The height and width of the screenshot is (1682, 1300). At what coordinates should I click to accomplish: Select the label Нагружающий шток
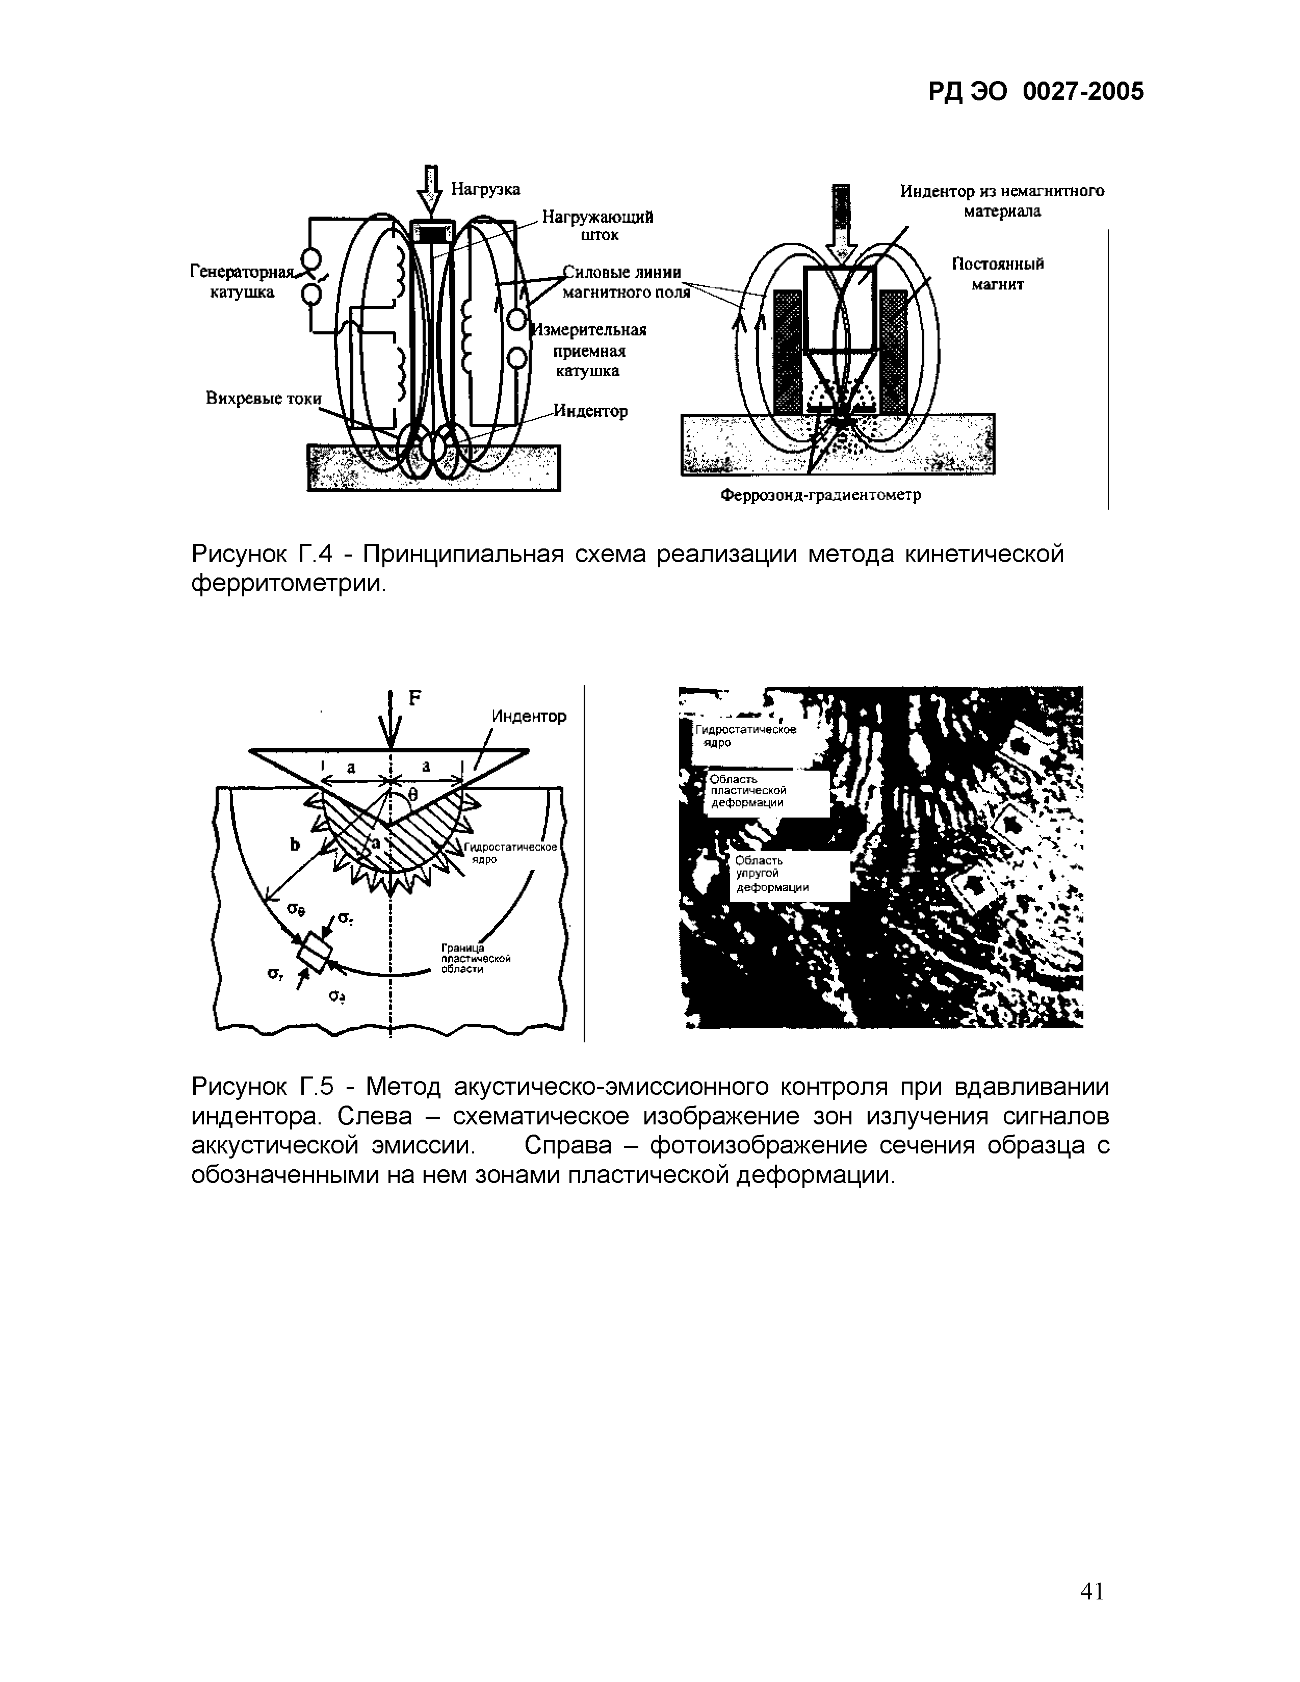tap(597, 226)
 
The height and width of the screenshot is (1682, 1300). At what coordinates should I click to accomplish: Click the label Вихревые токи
tap(263, 399)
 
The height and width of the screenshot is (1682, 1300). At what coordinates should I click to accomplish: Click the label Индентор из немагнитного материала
tap(1002, 200)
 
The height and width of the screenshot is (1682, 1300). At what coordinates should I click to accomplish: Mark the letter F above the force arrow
tap(414, 698)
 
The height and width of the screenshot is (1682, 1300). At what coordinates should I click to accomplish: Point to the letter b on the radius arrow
tap(294, 845)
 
